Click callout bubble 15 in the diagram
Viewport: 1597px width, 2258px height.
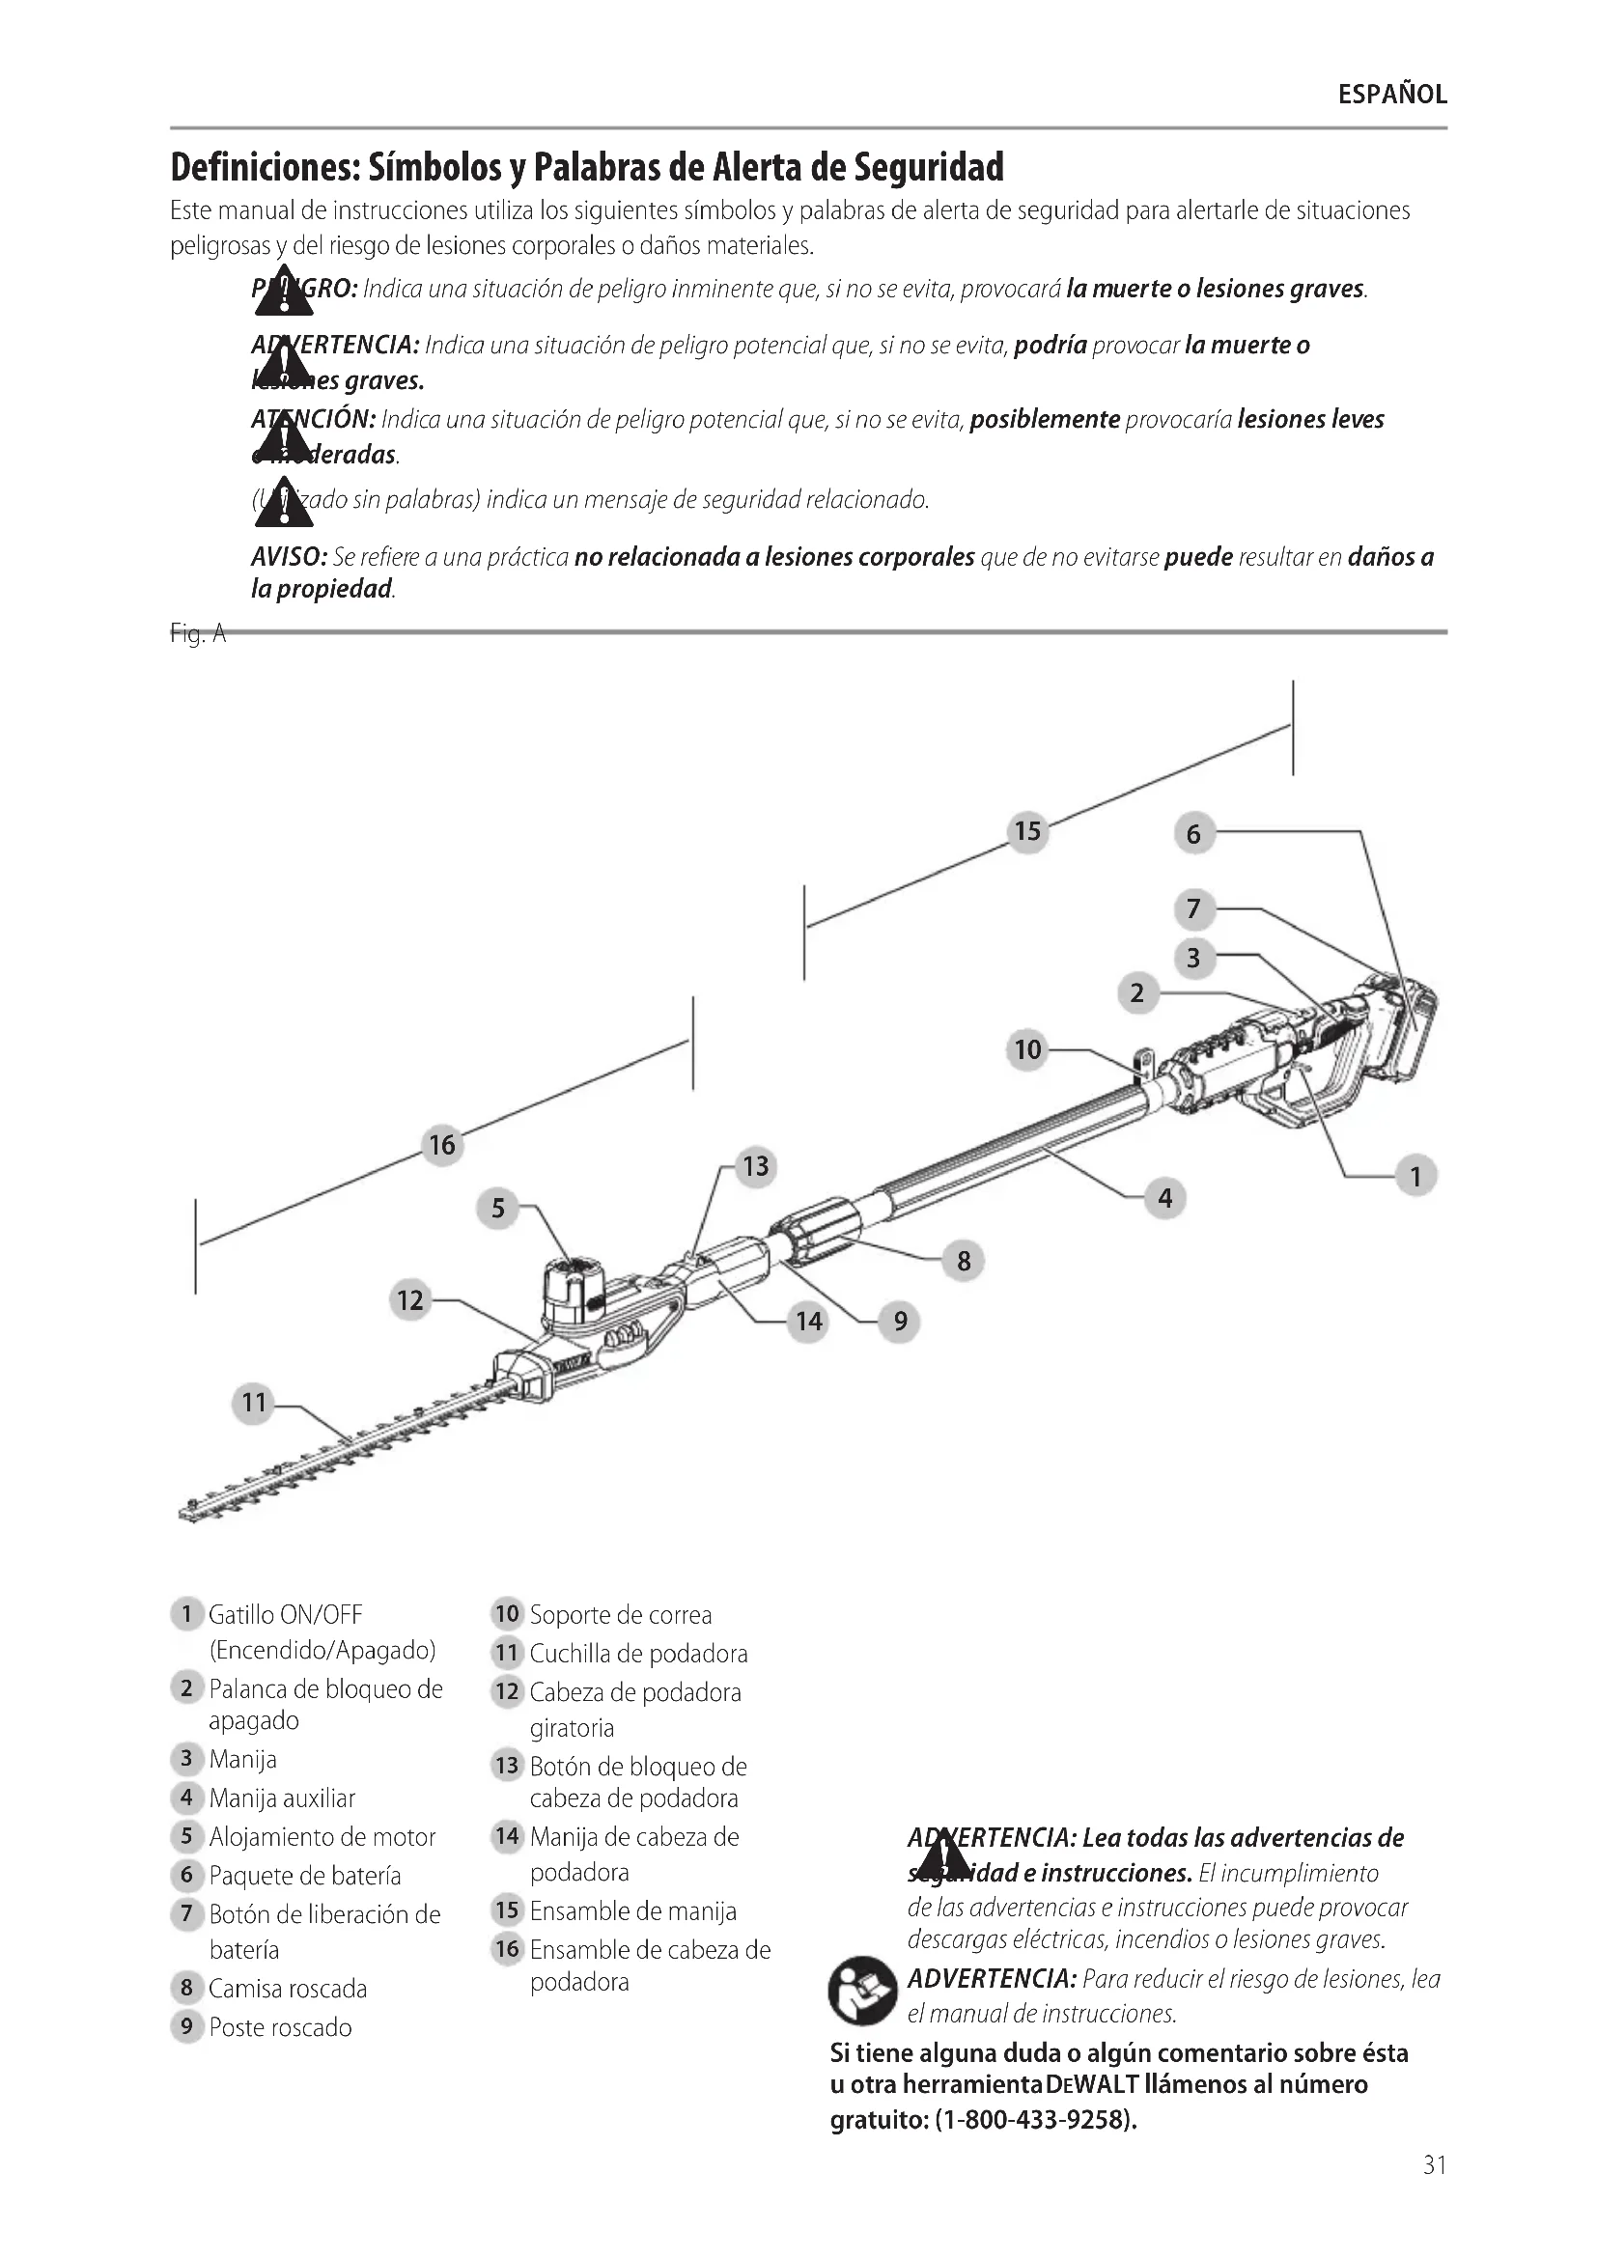(1027, 832)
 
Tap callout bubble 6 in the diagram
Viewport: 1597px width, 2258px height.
(1193, 835)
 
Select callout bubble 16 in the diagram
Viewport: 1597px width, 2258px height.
(442, 1145)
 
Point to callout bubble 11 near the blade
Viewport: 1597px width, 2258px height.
(255, 1403)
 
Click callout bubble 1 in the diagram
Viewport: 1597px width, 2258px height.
(1415, 1177)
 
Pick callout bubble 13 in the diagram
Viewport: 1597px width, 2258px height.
(755, 1166)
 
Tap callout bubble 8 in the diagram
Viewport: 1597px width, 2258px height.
(964, 1262)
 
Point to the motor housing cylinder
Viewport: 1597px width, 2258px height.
(571, 1290)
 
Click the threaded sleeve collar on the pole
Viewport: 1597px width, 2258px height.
(816, 1228)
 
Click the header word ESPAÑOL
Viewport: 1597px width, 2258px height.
(1392, 95)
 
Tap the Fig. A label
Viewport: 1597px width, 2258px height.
(198, 634)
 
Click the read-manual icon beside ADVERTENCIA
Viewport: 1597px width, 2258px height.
(861, 1991)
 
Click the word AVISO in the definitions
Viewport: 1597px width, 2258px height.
(288, 558)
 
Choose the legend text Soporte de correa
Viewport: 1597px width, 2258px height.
(621, 1614)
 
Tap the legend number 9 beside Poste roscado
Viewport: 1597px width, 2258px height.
(185, 2026)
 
